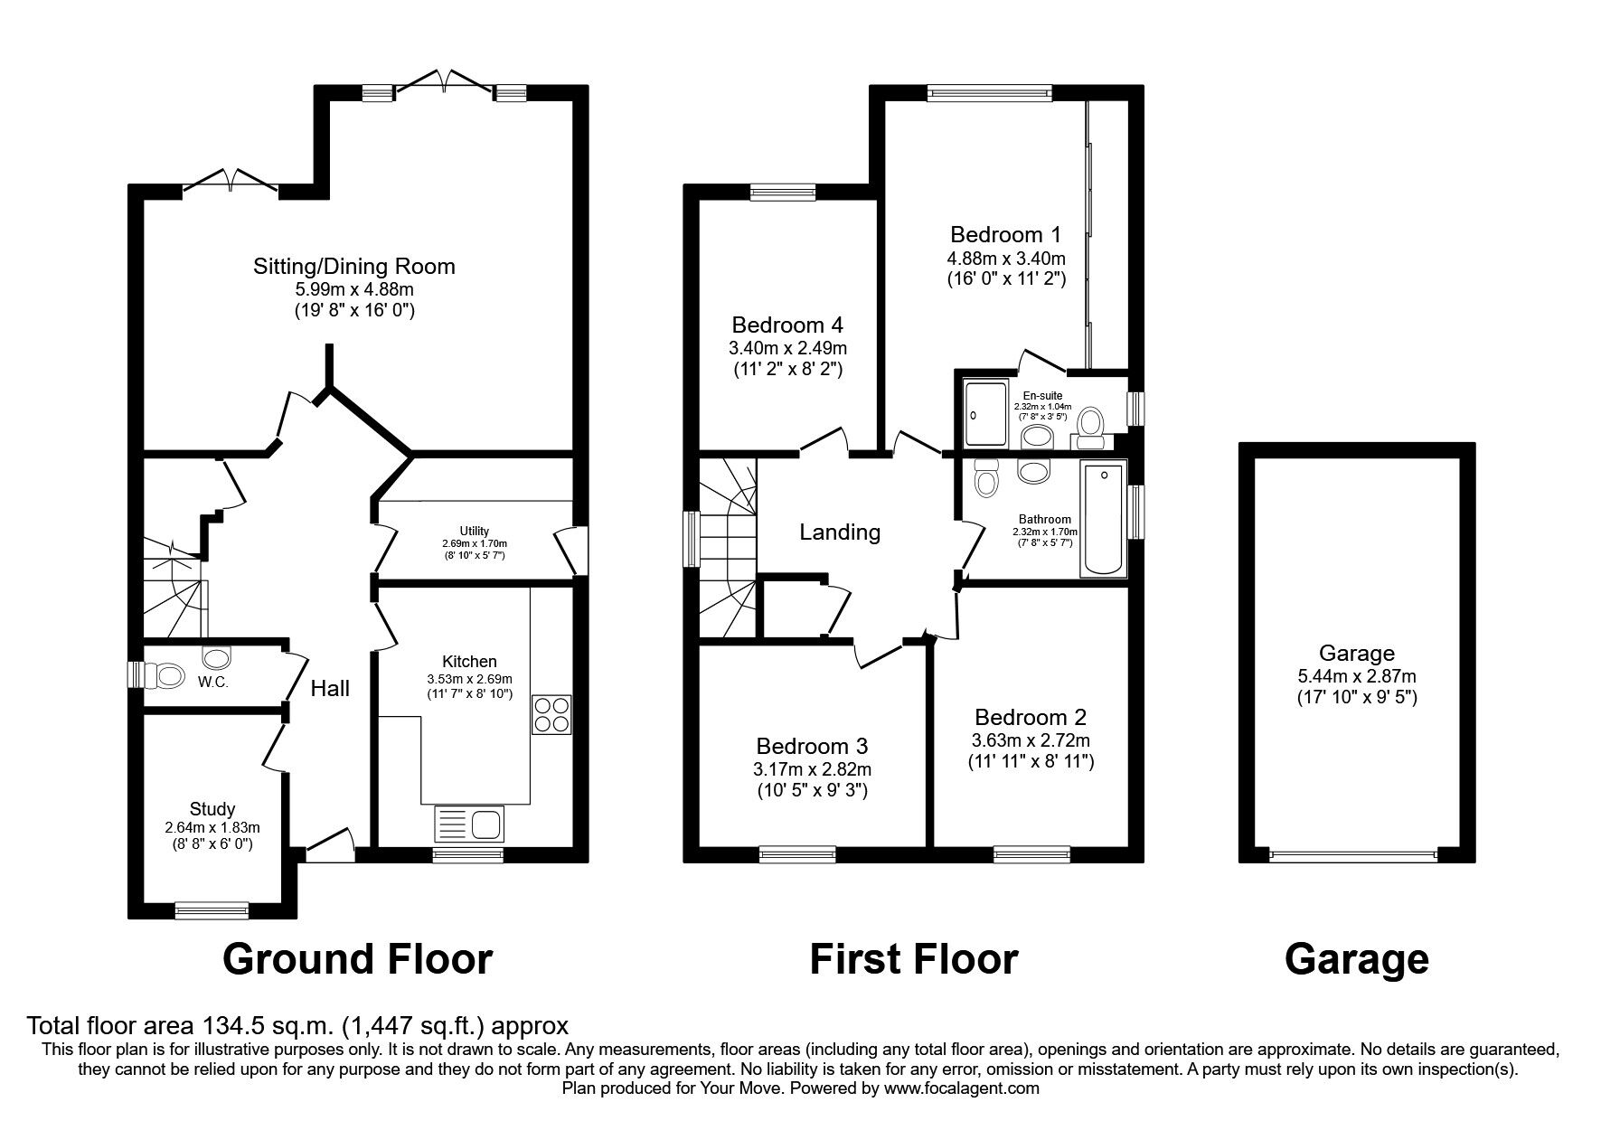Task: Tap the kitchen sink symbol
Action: click(x=471, y=824)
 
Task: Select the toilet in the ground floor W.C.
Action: click(x=166, y=675)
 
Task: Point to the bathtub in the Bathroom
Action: click(x=1104, y=519)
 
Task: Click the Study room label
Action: click(x=212, y=809)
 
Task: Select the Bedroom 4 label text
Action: click(x=787, y=325)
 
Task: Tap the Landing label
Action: click(x=840, y=532)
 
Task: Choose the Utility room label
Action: click(x=475, y=531)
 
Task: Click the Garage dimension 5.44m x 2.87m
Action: click(x=1356, y=676)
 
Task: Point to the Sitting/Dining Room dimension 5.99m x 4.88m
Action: click(x=353, y=289)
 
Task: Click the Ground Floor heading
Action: click(x=357, y=959)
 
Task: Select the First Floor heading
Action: click(x=913, y=959)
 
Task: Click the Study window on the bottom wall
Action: click(x=212, y=909)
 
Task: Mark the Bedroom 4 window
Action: click(x=783, y=191)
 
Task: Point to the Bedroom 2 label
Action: click(x=1031, y=718)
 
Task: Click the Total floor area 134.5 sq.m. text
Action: click(x=298, y=1026)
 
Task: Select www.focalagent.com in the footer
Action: click(x=961, y=1088)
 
